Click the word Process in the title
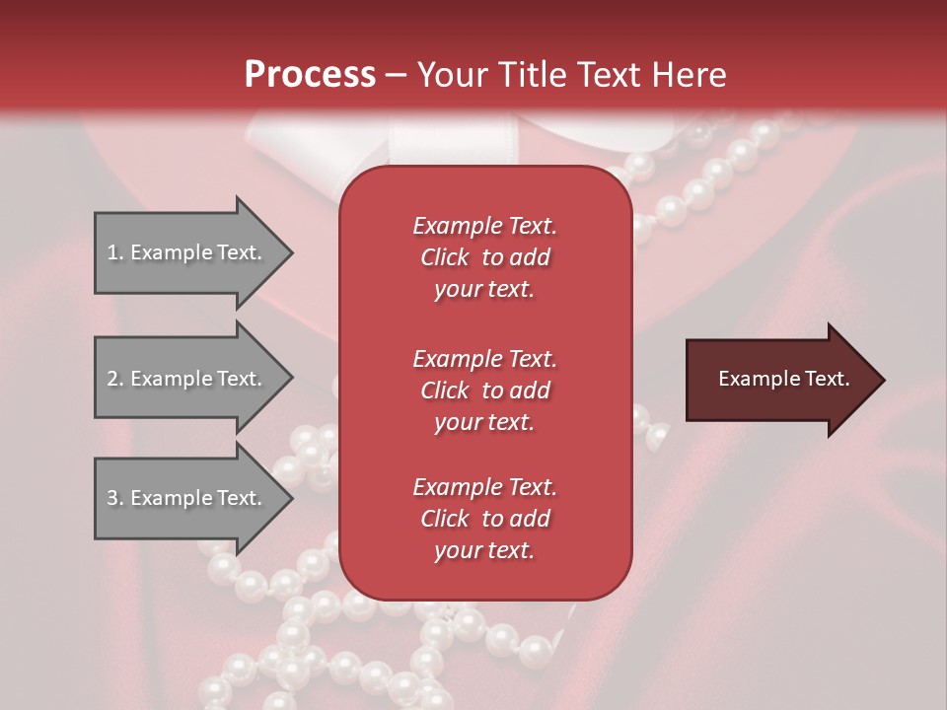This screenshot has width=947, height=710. coord(310,74)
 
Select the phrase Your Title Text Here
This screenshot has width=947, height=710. coord(571,75)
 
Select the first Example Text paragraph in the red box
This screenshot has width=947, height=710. coord(484,257)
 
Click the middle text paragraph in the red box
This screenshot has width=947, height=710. coord(484,390)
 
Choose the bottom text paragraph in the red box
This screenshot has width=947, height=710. coord(484,519)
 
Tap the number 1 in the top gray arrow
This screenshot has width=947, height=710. coord(112,252)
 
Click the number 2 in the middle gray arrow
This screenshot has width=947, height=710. coord(112,379)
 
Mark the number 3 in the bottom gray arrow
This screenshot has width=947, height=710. coord(112,498)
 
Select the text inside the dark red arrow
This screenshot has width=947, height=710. coord(783,379)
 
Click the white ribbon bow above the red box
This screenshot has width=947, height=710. coord(326,138)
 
